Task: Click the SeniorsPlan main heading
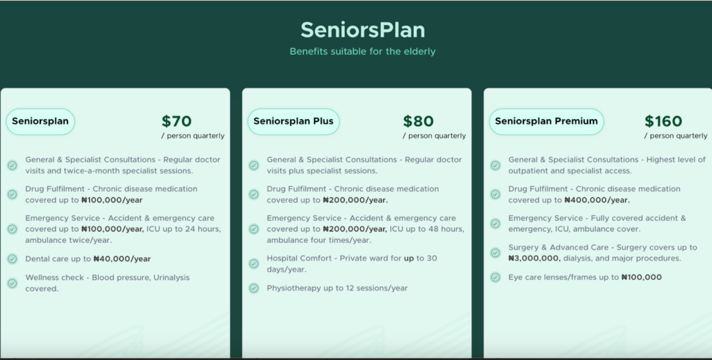click(x=362, y=31)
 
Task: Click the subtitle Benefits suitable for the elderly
click(x=362, y=51)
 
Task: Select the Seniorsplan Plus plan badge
click(x=293, y=121)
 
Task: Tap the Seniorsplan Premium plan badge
click(x=546, y=121)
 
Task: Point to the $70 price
click(x=177, y=121)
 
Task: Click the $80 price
click(x=418, y=121)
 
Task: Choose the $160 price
click(x=663, y=121)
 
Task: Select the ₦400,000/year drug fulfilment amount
click(x=597, y=200)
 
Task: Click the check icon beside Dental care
click(x=13, y=259)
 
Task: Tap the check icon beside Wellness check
click(x=13, y=283)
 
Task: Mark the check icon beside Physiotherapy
click(x=254, y=288)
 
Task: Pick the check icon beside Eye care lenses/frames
click(x=495, y=277)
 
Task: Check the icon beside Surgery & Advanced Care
click(x=495, y=253)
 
